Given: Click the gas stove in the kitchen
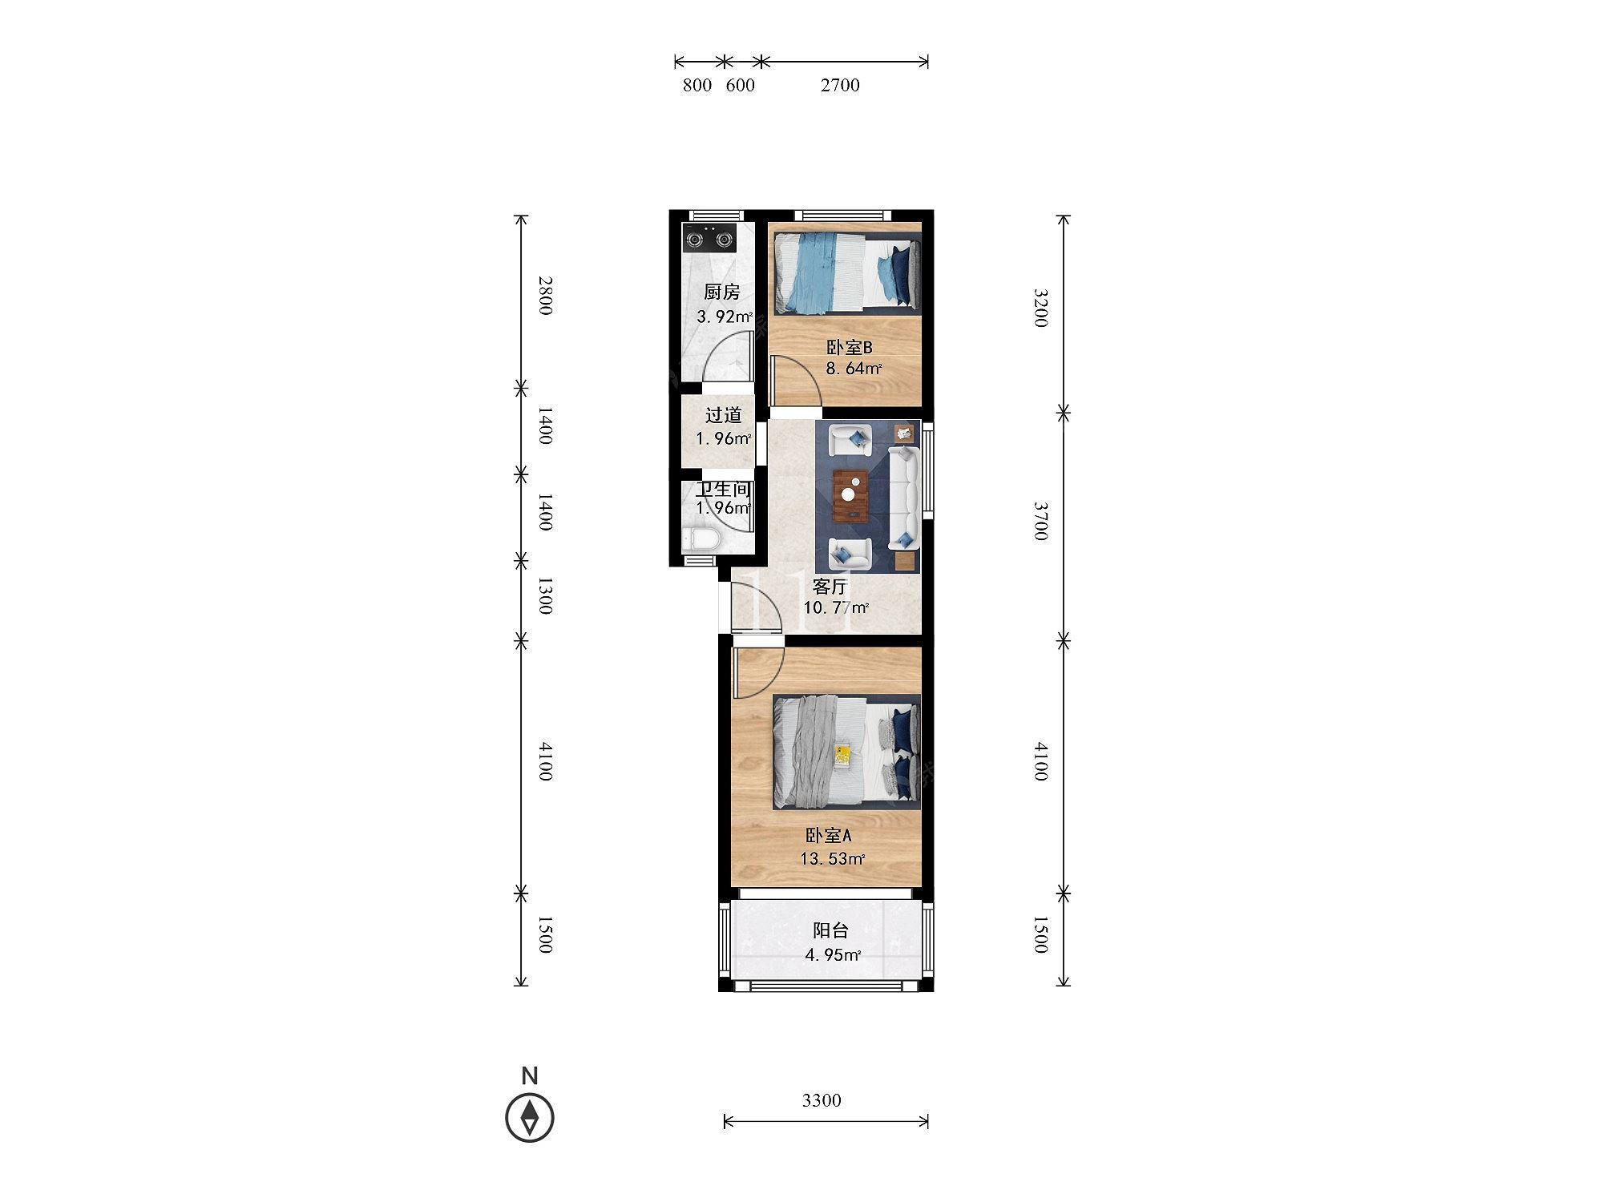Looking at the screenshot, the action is tap(709, 238).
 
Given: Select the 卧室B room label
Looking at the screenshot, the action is tap(849, 348).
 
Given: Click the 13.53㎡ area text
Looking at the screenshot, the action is tap(832, 860).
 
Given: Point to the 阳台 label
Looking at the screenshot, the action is tap(830, 931).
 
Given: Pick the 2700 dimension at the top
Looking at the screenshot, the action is tap(840, 85).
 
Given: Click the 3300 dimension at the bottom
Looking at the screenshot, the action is tap(822, 1100).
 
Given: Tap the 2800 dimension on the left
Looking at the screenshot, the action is tap(545, 295).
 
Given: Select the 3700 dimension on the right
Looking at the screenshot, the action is tap(1040, 521).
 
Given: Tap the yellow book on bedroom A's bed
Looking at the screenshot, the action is tap(842, 752).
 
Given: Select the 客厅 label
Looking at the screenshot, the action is tap(830, 587).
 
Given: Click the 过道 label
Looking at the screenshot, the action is tap(723, 415).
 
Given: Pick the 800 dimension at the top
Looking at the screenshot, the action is tap(697, 85).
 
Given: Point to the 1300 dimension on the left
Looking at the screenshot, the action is tap(545, 595).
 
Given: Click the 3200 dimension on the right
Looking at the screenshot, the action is tap(1040, 308).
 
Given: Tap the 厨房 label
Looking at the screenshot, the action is tap(721, 292).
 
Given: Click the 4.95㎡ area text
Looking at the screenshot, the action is tap(833, 955).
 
